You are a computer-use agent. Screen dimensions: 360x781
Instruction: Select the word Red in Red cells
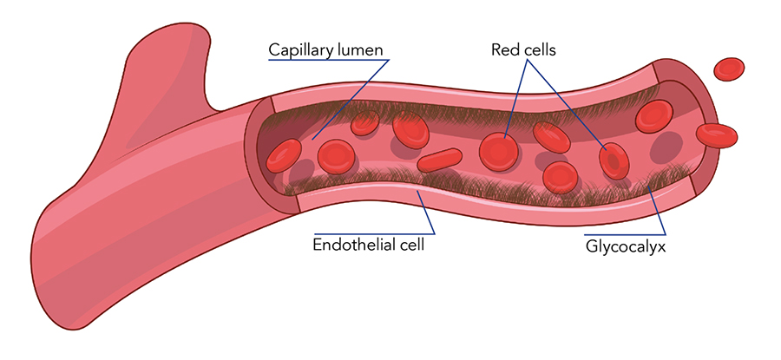pos(505,50)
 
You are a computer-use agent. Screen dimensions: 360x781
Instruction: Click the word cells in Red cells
pos(539,50)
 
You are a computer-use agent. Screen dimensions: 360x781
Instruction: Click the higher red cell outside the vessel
pos(729,69)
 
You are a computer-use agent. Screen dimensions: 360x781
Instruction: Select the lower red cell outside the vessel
pos(717,133)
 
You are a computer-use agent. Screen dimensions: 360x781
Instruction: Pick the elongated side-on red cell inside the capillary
pos(440,160)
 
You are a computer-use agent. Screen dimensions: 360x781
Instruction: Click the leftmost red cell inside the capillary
pos(283,155)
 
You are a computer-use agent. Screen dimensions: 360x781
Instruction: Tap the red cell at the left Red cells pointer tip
pos(499,151)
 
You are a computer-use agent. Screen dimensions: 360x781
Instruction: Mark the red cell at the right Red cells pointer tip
pos(614,160)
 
